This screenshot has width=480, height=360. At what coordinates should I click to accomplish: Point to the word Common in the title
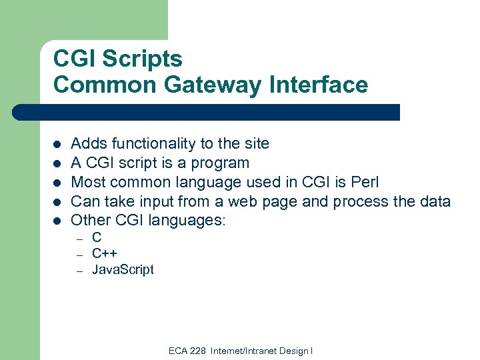pyautogui.click(x=99, y=85)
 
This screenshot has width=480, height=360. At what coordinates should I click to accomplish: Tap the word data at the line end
pyautogui.click(x=435, y=201)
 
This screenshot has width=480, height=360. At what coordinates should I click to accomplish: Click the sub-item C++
pyautogui.click(x=105, y=253)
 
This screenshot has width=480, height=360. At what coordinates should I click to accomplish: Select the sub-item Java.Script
pyautogui.click(x=123, y=269)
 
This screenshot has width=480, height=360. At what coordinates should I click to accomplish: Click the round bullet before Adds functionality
pyautogui.click(x=57, y=144)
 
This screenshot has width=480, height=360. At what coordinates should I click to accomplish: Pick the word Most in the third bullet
pyautogui.click(x=87, y=182)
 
